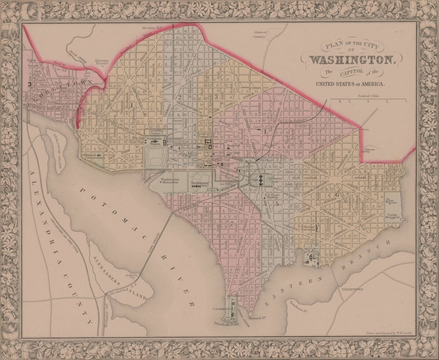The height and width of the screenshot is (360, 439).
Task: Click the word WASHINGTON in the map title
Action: pos(352,60)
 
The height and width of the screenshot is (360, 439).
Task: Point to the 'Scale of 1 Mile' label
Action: pos(367,96)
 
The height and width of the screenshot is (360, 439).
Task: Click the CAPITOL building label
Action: pos(251,181)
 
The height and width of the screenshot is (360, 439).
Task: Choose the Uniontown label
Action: pos(352,289)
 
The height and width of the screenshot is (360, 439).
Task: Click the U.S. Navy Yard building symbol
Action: pos(312,258)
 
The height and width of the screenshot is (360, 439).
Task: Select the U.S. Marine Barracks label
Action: pos(308,228)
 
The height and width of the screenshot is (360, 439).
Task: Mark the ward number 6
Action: pos(337,195)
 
